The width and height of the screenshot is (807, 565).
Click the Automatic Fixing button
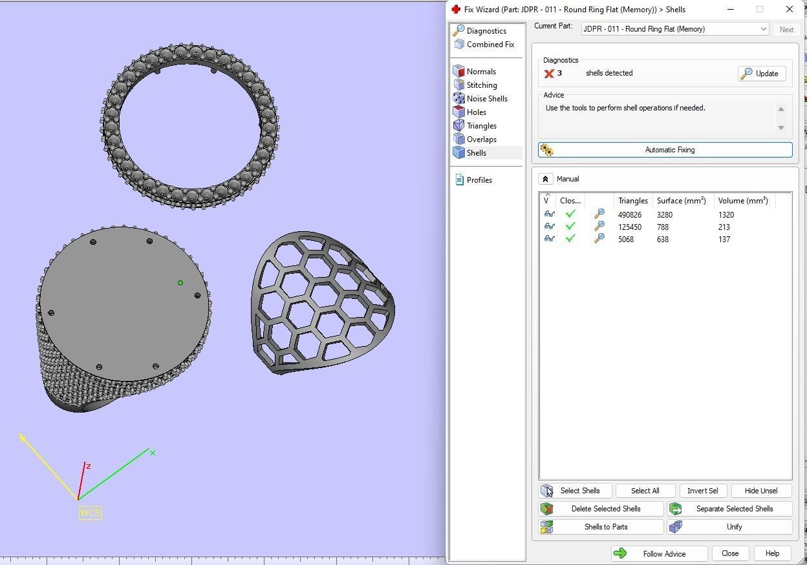pyautogui.click(x=665, y=150)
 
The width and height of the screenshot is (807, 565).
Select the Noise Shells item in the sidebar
pyautogui.click(x=486, y=99)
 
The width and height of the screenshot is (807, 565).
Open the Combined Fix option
pyautogui.click(x=490, y=45)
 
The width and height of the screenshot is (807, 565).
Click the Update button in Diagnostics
pyautogui.click(x=761, y=74)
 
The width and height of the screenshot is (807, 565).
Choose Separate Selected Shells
pyautogui.click(x=729, y=509)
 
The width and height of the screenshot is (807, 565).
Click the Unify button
pyautogui.click(x=729, y=527)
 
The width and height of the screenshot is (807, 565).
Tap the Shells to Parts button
pyautogui.click(x=601, y=527)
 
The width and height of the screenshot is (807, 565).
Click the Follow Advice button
pyautogui.click(x=658, y=553)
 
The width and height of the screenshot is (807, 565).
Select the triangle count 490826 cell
pyautogui.click(x=630, y=215)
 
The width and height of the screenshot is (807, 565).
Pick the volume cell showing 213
pyautogui.click(x=724, y=227)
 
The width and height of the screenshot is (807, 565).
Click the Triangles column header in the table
pyautogui.click(x=632, y=201)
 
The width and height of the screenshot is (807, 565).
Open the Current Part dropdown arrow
pyautogui.click(x=763, y=29)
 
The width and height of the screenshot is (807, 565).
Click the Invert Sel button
pyautogui.click(x=702, y=491)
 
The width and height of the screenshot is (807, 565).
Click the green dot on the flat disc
pyautogui.click(x=180, y=283)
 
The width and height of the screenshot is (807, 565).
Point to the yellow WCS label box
pyautogui.click(x=90, y=513)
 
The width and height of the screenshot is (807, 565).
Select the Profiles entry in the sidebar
pyautogui.click(x=479, y=180)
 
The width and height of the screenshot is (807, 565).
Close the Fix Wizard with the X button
pyautogui.click(x=790, y=9)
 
